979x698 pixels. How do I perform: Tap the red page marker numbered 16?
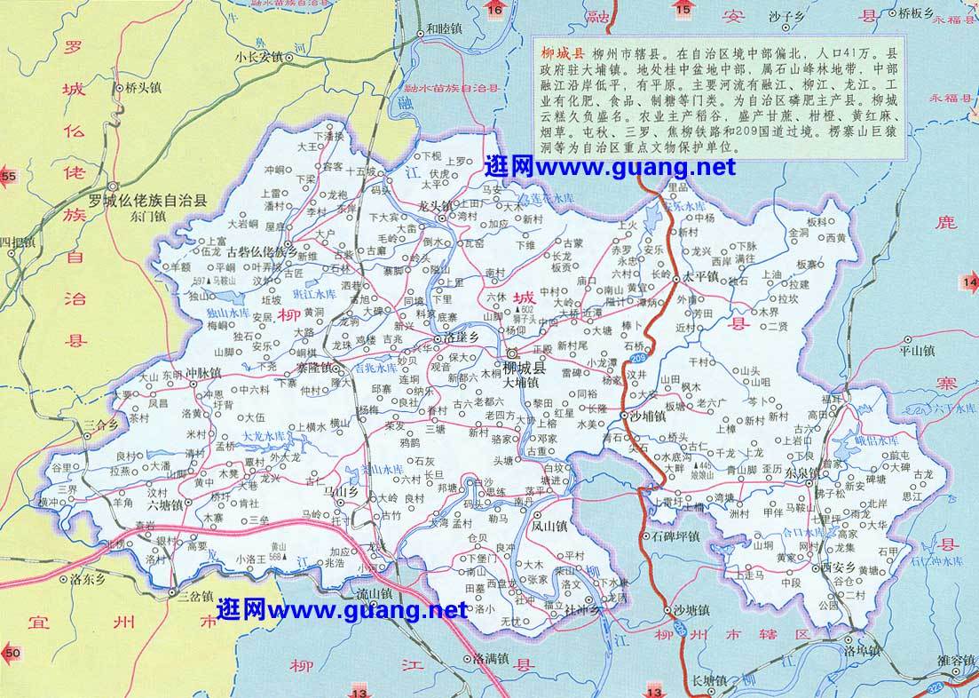click(494, 10)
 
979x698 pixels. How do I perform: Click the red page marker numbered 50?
click(10, 654)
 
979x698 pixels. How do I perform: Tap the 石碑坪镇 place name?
click(675, 536)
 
